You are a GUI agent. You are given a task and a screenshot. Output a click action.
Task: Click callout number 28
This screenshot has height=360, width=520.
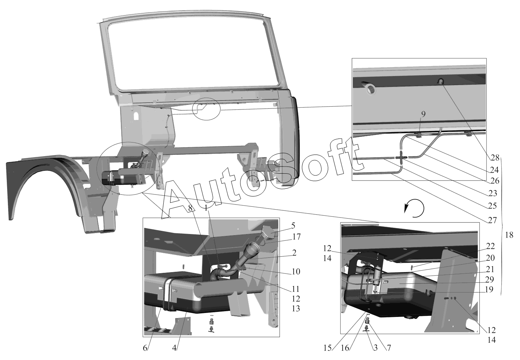pos(495,157)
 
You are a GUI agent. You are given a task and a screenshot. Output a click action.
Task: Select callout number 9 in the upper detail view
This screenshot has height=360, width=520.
pos(423,114)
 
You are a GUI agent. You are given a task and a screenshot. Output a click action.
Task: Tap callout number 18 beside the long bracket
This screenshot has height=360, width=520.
pos(509,235)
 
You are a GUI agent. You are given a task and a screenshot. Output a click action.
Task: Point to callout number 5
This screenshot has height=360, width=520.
pos(293,226)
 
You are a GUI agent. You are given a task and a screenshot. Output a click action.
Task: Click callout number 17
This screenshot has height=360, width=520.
pos(296,237)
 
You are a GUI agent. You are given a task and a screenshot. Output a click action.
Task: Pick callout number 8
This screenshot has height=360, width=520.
pos(190,208)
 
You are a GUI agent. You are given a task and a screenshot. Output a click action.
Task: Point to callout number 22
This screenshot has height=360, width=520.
pos(491,247)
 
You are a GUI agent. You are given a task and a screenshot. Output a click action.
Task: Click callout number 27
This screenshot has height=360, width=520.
pos(492,220)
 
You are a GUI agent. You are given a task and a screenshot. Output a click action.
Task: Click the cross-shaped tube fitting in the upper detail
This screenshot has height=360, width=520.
pos(401,157)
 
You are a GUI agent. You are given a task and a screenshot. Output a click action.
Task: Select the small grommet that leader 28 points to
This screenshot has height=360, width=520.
pos(440,82)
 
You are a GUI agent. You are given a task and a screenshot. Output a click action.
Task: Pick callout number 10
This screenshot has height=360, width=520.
pos(296,271)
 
